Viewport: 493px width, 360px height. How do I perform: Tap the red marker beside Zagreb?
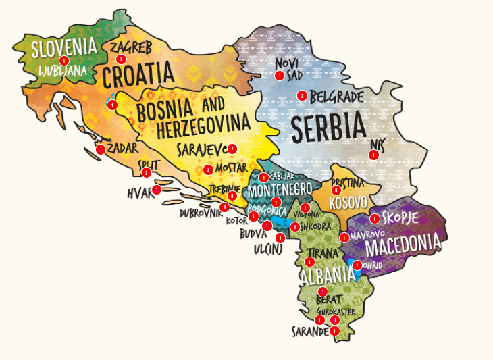122,59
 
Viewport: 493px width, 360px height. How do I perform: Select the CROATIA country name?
139,75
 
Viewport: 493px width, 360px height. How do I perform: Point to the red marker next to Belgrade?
302,95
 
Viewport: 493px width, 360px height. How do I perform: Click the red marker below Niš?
373,155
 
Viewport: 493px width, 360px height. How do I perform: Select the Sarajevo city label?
202,149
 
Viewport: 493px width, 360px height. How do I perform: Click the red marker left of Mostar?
208,170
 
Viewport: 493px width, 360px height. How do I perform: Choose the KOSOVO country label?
348,202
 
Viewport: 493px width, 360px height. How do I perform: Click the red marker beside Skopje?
374,218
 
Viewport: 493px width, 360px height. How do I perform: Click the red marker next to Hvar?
157,190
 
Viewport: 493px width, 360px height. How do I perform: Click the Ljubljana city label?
62,69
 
